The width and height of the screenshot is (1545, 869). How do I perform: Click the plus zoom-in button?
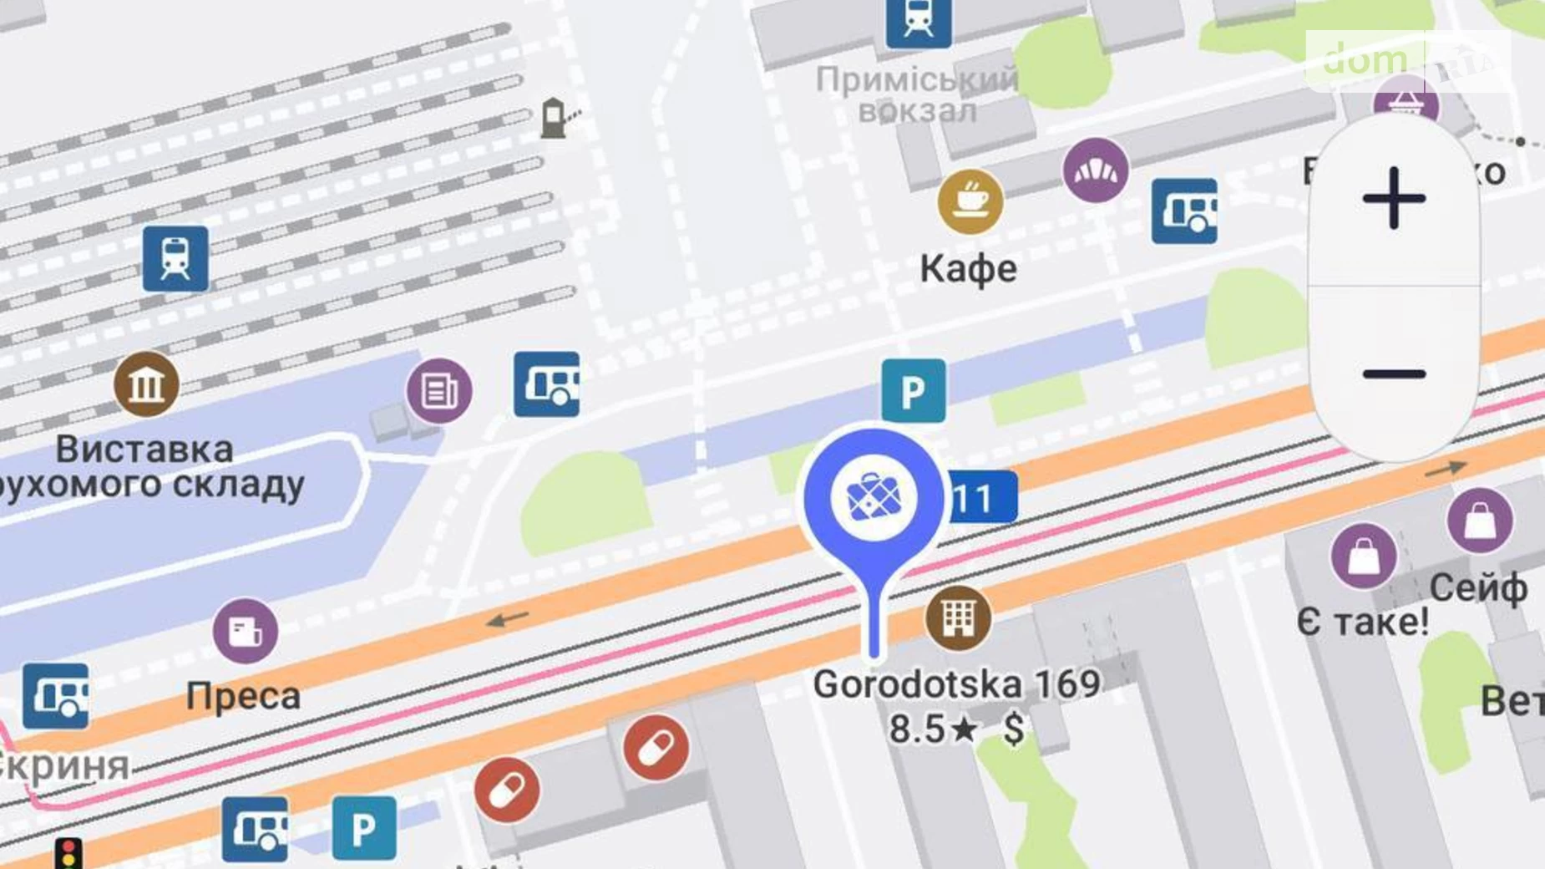(x=1394, y=199)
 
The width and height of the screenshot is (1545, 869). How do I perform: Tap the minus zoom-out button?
(x=1394, y=374)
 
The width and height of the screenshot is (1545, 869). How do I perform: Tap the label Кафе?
(x=969, y=269)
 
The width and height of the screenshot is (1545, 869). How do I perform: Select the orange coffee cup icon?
(x=970, y=201)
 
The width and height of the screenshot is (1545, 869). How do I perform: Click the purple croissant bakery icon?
(x=1095, y=171)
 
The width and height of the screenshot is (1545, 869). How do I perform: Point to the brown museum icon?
(x=146, y=385)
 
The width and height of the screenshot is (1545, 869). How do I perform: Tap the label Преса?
(x=243, y=696)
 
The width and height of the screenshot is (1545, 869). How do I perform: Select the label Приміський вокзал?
(x=917, y=95)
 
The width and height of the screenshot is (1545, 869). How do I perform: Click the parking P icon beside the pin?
(x=914, y=391)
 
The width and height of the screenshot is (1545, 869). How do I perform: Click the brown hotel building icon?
(x=958, y=618)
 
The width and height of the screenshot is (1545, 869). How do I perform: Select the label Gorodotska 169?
(x=957, y=684)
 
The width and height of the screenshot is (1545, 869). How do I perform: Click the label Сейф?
(x=1478, y=588)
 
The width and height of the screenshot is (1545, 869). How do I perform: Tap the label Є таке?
(x=1362, y=622)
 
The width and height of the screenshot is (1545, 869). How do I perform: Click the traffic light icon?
(x=68, y=853)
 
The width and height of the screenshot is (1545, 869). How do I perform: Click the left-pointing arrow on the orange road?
(x=508, y=619)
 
